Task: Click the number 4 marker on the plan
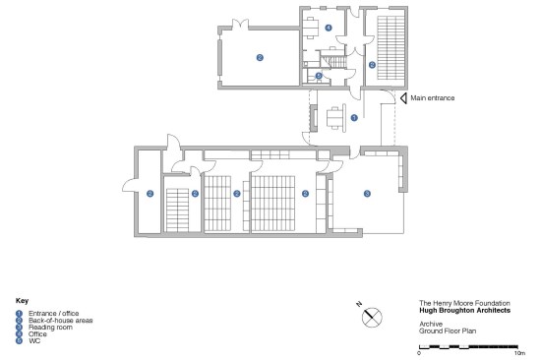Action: pyautogui.click(x=329, y=28)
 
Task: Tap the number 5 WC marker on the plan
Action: pyautogui.click(x=319, y=76)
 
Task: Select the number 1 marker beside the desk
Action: pyautogui.click(x=354, y=118)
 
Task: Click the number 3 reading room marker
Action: pyautogui.click(x=367, y=194)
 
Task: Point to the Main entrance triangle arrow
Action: pyautogui.click(x=403, y=98)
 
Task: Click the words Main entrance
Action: pyautogui.click(x=433, y=98)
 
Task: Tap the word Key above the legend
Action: pyautogui.click(x=22, y=301)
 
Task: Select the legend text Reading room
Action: pyautogui.click(x=50, y=328)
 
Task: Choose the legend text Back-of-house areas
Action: pyautogui.click(x=60, y=321)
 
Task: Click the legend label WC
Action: pyautogui.click(x=34, y=340)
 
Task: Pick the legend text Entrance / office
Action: pyautogui.click(x=53, y=314)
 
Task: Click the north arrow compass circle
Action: pyautogui.click(x=372, y=317)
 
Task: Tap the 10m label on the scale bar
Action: pyautogui.click(x=519, y=353)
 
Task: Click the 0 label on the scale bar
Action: pyautogui.click(x=419, y=353)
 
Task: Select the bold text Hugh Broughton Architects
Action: pyautogui.click(x=464, y=310)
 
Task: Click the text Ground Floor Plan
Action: pyautogui.click(x=448, y=331)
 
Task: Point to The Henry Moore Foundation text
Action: pyautogui.click(x=464, y=303)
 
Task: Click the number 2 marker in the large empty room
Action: pyautogui.click(x=260, y=58)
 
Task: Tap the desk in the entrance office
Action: pyautogui.click(x=334, y=118)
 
